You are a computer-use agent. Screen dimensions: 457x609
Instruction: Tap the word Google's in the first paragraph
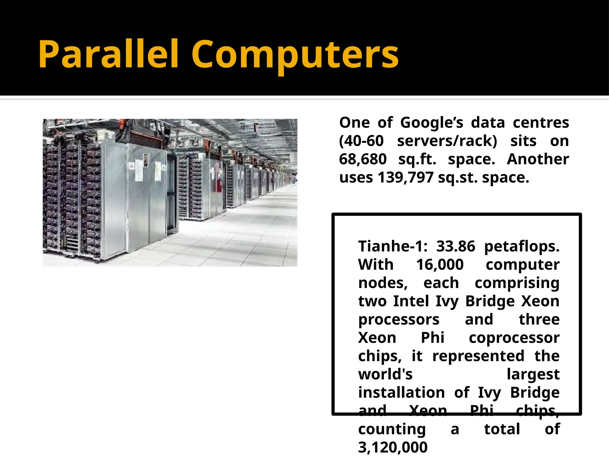432,123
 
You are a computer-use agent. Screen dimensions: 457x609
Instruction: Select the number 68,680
363,159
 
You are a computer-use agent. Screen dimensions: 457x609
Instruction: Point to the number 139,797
406,178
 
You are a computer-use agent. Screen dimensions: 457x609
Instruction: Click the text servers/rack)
447,141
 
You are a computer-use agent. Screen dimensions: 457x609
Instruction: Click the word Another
538,159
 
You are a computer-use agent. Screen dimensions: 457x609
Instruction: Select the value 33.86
456,246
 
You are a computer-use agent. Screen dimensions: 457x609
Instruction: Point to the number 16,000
440,265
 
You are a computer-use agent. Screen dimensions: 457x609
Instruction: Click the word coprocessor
514,338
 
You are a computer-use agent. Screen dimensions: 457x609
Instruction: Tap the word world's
385,374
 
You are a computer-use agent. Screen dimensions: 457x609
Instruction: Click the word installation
401,392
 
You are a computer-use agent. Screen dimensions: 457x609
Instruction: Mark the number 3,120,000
393,447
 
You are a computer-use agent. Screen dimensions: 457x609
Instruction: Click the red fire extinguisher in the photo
219,184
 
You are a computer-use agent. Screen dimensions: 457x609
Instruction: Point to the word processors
399,320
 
